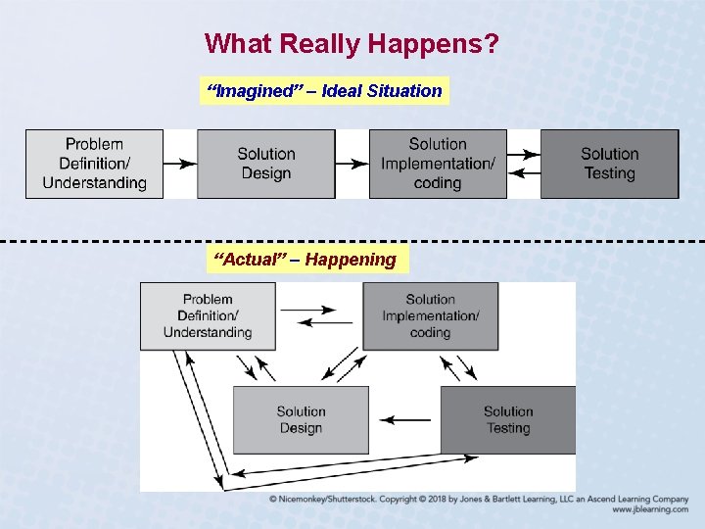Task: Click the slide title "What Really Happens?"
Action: click(x=352, y=44)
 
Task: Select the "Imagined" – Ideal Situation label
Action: click(x=323, y=91)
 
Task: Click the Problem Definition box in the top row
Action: click(x=94, y=164)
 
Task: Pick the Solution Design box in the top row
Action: click(x=265, y=164)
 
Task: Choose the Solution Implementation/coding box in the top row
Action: click(x=438, y=164)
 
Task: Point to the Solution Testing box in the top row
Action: click(x=609, y=164)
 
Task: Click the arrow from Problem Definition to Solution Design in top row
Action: click(x=179, y=164)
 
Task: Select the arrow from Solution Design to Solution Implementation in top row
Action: click(x=351, y=164)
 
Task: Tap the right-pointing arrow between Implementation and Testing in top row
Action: click(x=524, y=154)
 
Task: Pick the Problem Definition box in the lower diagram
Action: click(x=208, y=315)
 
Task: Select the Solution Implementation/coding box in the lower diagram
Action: click(x=430, y=315)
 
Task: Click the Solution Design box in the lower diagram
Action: click(x=301, y=419)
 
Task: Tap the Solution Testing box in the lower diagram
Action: click(x=507, y=419)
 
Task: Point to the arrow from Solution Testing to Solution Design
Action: click(x=404, y=419)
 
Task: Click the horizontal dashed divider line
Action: click(x=352, y=241)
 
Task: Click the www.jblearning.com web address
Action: click(x=650, y=510)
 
